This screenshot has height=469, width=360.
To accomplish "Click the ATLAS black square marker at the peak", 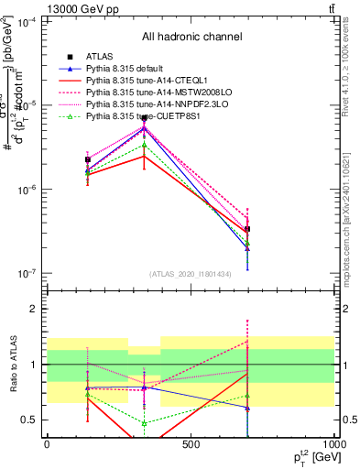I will click(x=144, y=118).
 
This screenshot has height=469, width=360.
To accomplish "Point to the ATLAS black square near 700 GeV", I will click(x=247, y=229).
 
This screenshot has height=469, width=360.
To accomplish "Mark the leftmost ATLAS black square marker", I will click(x=87, y=159).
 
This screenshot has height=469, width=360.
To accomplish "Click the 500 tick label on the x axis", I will click(x=191, y=445).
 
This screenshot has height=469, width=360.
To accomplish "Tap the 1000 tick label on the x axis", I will click(x=333, y=445).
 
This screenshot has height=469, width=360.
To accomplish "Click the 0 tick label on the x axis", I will click(x=47, y=445).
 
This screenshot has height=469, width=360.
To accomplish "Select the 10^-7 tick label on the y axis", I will click(x=27, y=273).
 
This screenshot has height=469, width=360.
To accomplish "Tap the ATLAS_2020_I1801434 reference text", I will click(x=191, y=274).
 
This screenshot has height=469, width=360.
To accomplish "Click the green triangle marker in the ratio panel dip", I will click(x=144, y=422).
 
